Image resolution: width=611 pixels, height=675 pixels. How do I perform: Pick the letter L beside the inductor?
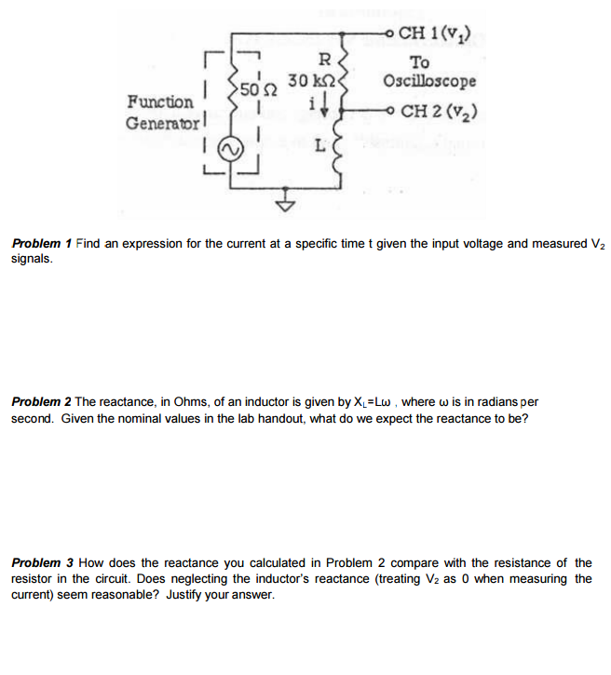click(319, 147)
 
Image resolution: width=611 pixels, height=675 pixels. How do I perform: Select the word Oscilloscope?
click(429, 81)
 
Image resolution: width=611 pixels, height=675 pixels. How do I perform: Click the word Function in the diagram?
click(160, 101)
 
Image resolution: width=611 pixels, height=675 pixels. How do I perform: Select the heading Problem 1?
click(41, 244)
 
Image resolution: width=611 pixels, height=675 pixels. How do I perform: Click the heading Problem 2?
click(41, 402)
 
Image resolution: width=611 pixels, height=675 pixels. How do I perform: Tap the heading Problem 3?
click(43, 562)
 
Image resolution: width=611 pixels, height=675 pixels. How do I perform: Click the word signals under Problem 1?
click(32, 259)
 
